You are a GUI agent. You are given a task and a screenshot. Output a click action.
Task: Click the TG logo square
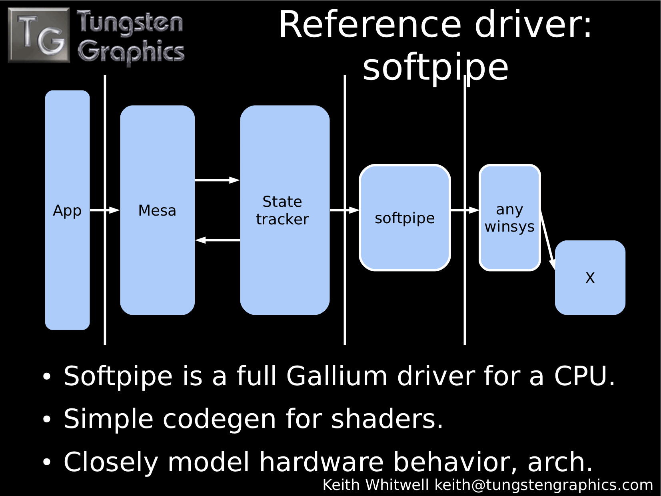pyautogui.click(x=39, y=35)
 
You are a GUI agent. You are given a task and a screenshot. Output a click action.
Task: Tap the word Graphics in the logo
pyautogui.click(x=131, y=52)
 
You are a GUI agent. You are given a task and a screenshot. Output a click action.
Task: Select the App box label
pyautogui.click(x=67, y=211)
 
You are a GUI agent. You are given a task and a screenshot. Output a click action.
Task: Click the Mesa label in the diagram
pyautogui.click(x=157, y=210)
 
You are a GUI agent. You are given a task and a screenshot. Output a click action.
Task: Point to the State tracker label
pyautogui.click(x=282, y=210)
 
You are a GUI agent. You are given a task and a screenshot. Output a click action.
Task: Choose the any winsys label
pyautogui.click(x=509, y=218)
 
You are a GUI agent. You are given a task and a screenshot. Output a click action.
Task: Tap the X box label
pyautogui.click(x=590, y=278)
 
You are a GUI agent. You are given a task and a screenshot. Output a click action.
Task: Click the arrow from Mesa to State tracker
pyautogui.click(x=217, y=180)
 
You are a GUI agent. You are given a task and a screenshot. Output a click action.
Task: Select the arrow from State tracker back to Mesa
pyautogui.click(x=218, y=240)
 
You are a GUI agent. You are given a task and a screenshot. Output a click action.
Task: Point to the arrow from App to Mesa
pyautogui.click(x=105, y=210)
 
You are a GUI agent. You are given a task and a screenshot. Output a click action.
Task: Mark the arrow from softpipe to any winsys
pyautogui.click(x=465, y=210)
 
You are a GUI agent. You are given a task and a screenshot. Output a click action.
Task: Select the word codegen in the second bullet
pyautogui.click(x=219, y=420)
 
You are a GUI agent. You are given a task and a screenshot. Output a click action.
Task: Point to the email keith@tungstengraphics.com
pyautogui.click(x=543, y=485)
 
